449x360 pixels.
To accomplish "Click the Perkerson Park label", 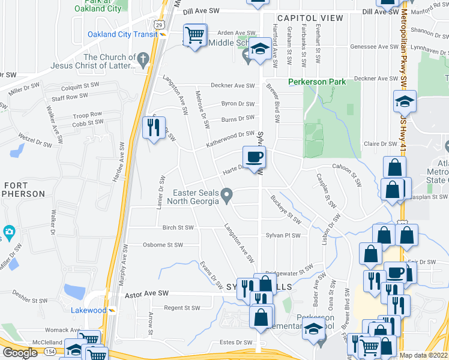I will (317, 82).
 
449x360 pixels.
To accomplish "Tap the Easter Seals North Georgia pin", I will (226, 194).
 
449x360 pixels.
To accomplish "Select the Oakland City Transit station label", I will (122, 34).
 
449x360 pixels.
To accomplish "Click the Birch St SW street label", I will (178, 228).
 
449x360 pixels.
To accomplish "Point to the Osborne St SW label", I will (162, 245).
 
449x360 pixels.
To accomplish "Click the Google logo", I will (20, 353).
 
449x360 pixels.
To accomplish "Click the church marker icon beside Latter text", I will (143, 58).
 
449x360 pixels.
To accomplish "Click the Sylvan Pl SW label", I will (283, 236).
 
